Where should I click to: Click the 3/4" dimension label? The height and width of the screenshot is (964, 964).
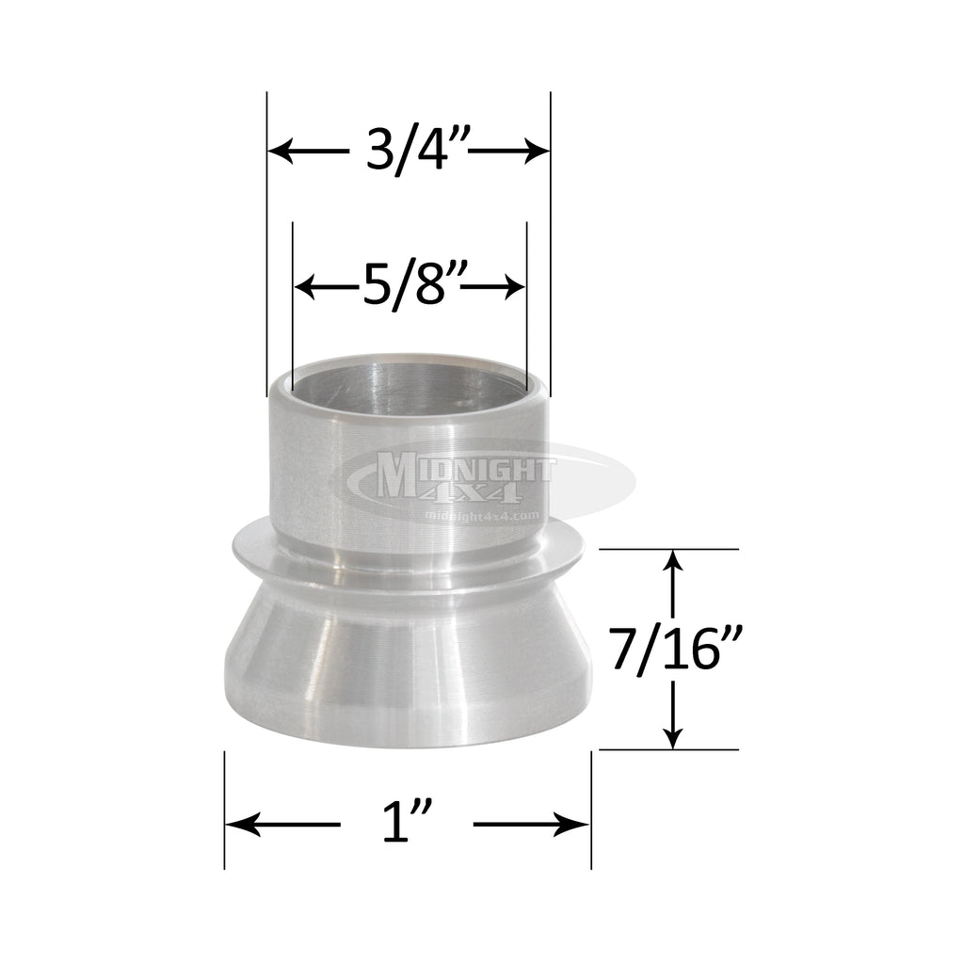[x=408, y=151]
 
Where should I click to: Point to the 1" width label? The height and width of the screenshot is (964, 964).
[x=407, y=826]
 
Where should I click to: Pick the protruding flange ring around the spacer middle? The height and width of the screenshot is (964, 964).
[x=407, y=560]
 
